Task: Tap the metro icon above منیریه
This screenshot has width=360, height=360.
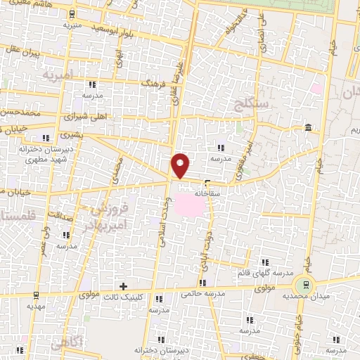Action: (73, 13)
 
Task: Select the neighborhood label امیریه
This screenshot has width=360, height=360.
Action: (58, 73)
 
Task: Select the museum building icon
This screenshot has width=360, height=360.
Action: (309, 127)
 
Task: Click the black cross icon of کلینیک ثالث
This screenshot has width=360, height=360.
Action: (124, 285)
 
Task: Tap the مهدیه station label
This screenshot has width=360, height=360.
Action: (35, 307)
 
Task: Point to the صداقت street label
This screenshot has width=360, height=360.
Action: (61, 215)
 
